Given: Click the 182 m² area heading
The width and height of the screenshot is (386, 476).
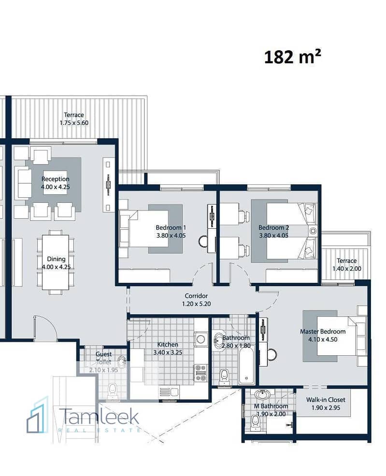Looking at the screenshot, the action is (x=292, y=57).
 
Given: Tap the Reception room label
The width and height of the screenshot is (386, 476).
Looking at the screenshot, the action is (x=55, y=179).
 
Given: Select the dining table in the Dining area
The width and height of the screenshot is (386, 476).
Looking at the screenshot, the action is (x=56, y=262).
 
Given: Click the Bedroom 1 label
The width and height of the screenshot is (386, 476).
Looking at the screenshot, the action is (x=171, y=228).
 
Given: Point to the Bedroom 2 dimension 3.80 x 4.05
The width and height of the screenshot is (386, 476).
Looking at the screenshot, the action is (x=273, y=236).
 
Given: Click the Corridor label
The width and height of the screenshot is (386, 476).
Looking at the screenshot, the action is (x=196, y=295).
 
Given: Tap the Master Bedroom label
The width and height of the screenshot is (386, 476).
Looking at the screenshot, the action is (x=323, y=332).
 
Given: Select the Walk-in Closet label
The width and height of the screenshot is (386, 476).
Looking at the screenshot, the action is (x=326, y=400).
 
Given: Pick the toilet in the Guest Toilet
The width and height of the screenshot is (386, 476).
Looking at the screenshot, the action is (x=113, y=390).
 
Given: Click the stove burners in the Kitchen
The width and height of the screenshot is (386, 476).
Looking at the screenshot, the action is (x=201, y=373).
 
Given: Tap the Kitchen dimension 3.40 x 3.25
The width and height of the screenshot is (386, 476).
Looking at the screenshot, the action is (x=168, y=353).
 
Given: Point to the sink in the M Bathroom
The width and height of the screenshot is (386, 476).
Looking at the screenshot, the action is (x=262, y=394).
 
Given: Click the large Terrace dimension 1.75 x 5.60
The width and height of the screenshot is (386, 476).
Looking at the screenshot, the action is (x=74, y=123).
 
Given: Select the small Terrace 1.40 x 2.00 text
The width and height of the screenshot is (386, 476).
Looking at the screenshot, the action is (x=347, y=265).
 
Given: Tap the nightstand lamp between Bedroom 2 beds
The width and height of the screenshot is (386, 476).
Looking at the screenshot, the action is (x=313, y=231).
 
